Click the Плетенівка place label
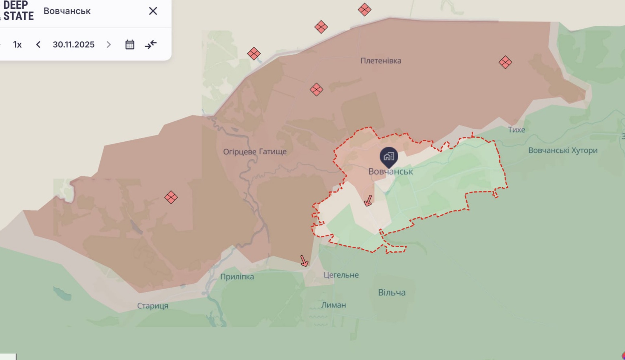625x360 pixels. pyautogui.click(x=381, y=61)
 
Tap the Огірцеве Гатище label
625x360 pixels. pyautogui.click(x=255, y=152)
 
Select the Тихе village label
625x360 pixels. pyautogui.click(x=516, y=130)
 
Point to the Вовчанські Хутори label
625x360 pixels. pyautogui.click(x=562, y=150)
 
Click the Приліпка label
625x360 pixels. pyautogui.click(x=237, y=277)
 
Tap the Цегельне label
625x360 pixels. pyautogui.click(x=341, y=275)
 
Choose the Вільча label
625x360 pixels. pyautogui.click(x=391, y=293)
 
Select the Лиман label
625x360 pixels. pyautogui.click(x=333, y=305)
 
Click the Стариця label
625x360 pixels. pyautogui.click(x=152, y=306)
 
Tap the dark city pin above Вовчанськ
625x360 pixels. pyautogui.click(x=389, y=156)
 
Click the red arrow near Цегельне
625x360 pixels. pyautogui.click(x=304, y=261)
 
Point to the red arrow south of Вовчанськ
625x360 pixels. pyautogui.click(x=368, y=200)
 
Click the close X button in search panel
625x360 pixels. pyautogui.click(x=153, y=11)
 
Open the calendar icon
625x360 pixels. pyautogui.click(x=130, y=45)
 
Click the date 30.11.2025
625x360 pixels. pyautogui.click(x=74, y=45)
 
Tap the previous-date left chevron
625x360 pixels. pyautogui.click(x=38, y=45)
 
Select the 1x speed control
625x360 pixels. pyautogui.click(x=17, y=45)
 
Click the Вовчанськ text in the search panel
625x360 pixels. pyautogui.click(x=67, y=11)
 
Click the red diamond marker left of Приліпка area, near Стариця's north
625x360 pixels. pyautogui.click(x=171, y=197)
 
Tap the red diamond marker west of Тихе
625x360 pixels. pyautogui.click(x=505, y=62)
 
